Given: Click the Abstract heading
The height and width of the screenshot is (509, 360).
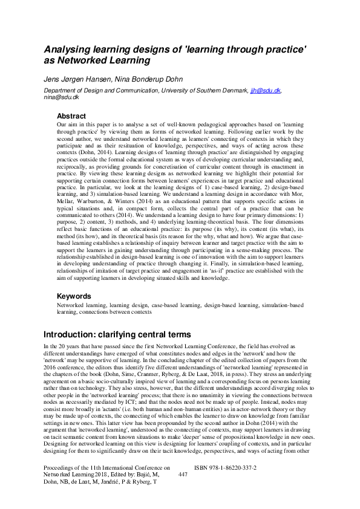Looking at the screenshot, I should point(71,115).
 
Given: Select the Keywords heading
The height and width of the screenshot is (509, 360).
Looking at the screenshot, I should point(74,296).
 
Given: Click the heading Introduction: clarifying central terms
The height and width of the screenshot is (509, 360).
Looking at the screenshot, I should point(117,335).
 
